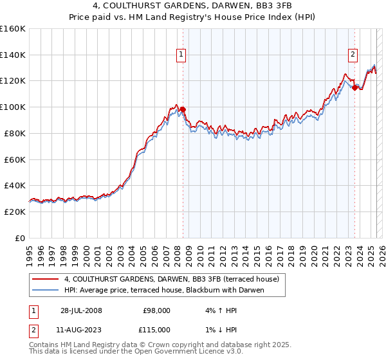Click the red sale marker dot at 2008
pyautogui.click(x=183, y=109)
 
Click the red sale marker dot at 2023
pyautogui.click(x=354, y=87)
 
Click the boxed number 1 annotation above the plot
pyautogui.click(x=182, y=55)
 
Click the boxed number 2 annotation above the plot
pyautogui.click(x=353, y=55)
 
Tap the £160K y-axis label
pyautogui.click(x=13, y=29)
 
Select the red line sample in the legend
pyautogui.click(x=46, y=279)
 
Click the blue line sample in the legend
pyautogui.click(x=46, y=290)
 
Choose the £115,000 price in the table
pyautogui.click(x=156, y=329)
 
